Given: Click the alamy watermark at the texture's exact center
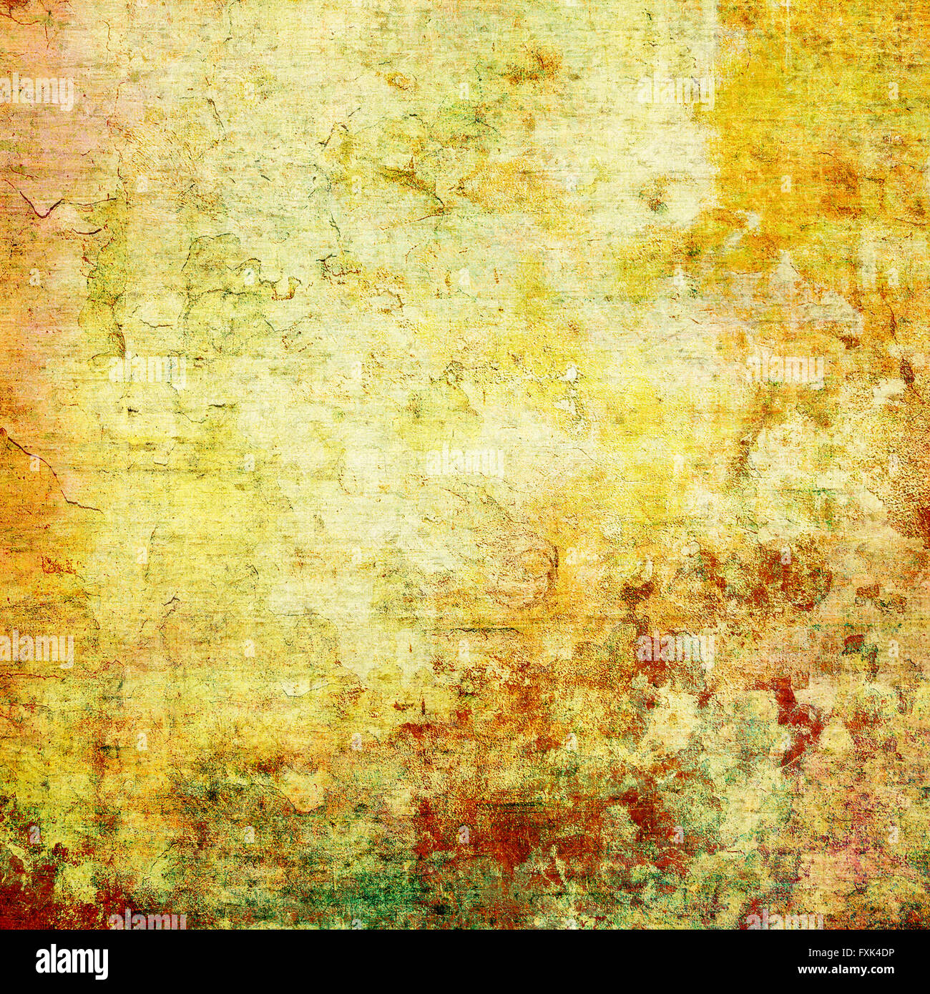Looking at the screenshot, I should (x=465, y=461).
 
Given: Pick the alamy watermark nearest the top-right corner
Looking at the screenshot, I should (x=676, y=92).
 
